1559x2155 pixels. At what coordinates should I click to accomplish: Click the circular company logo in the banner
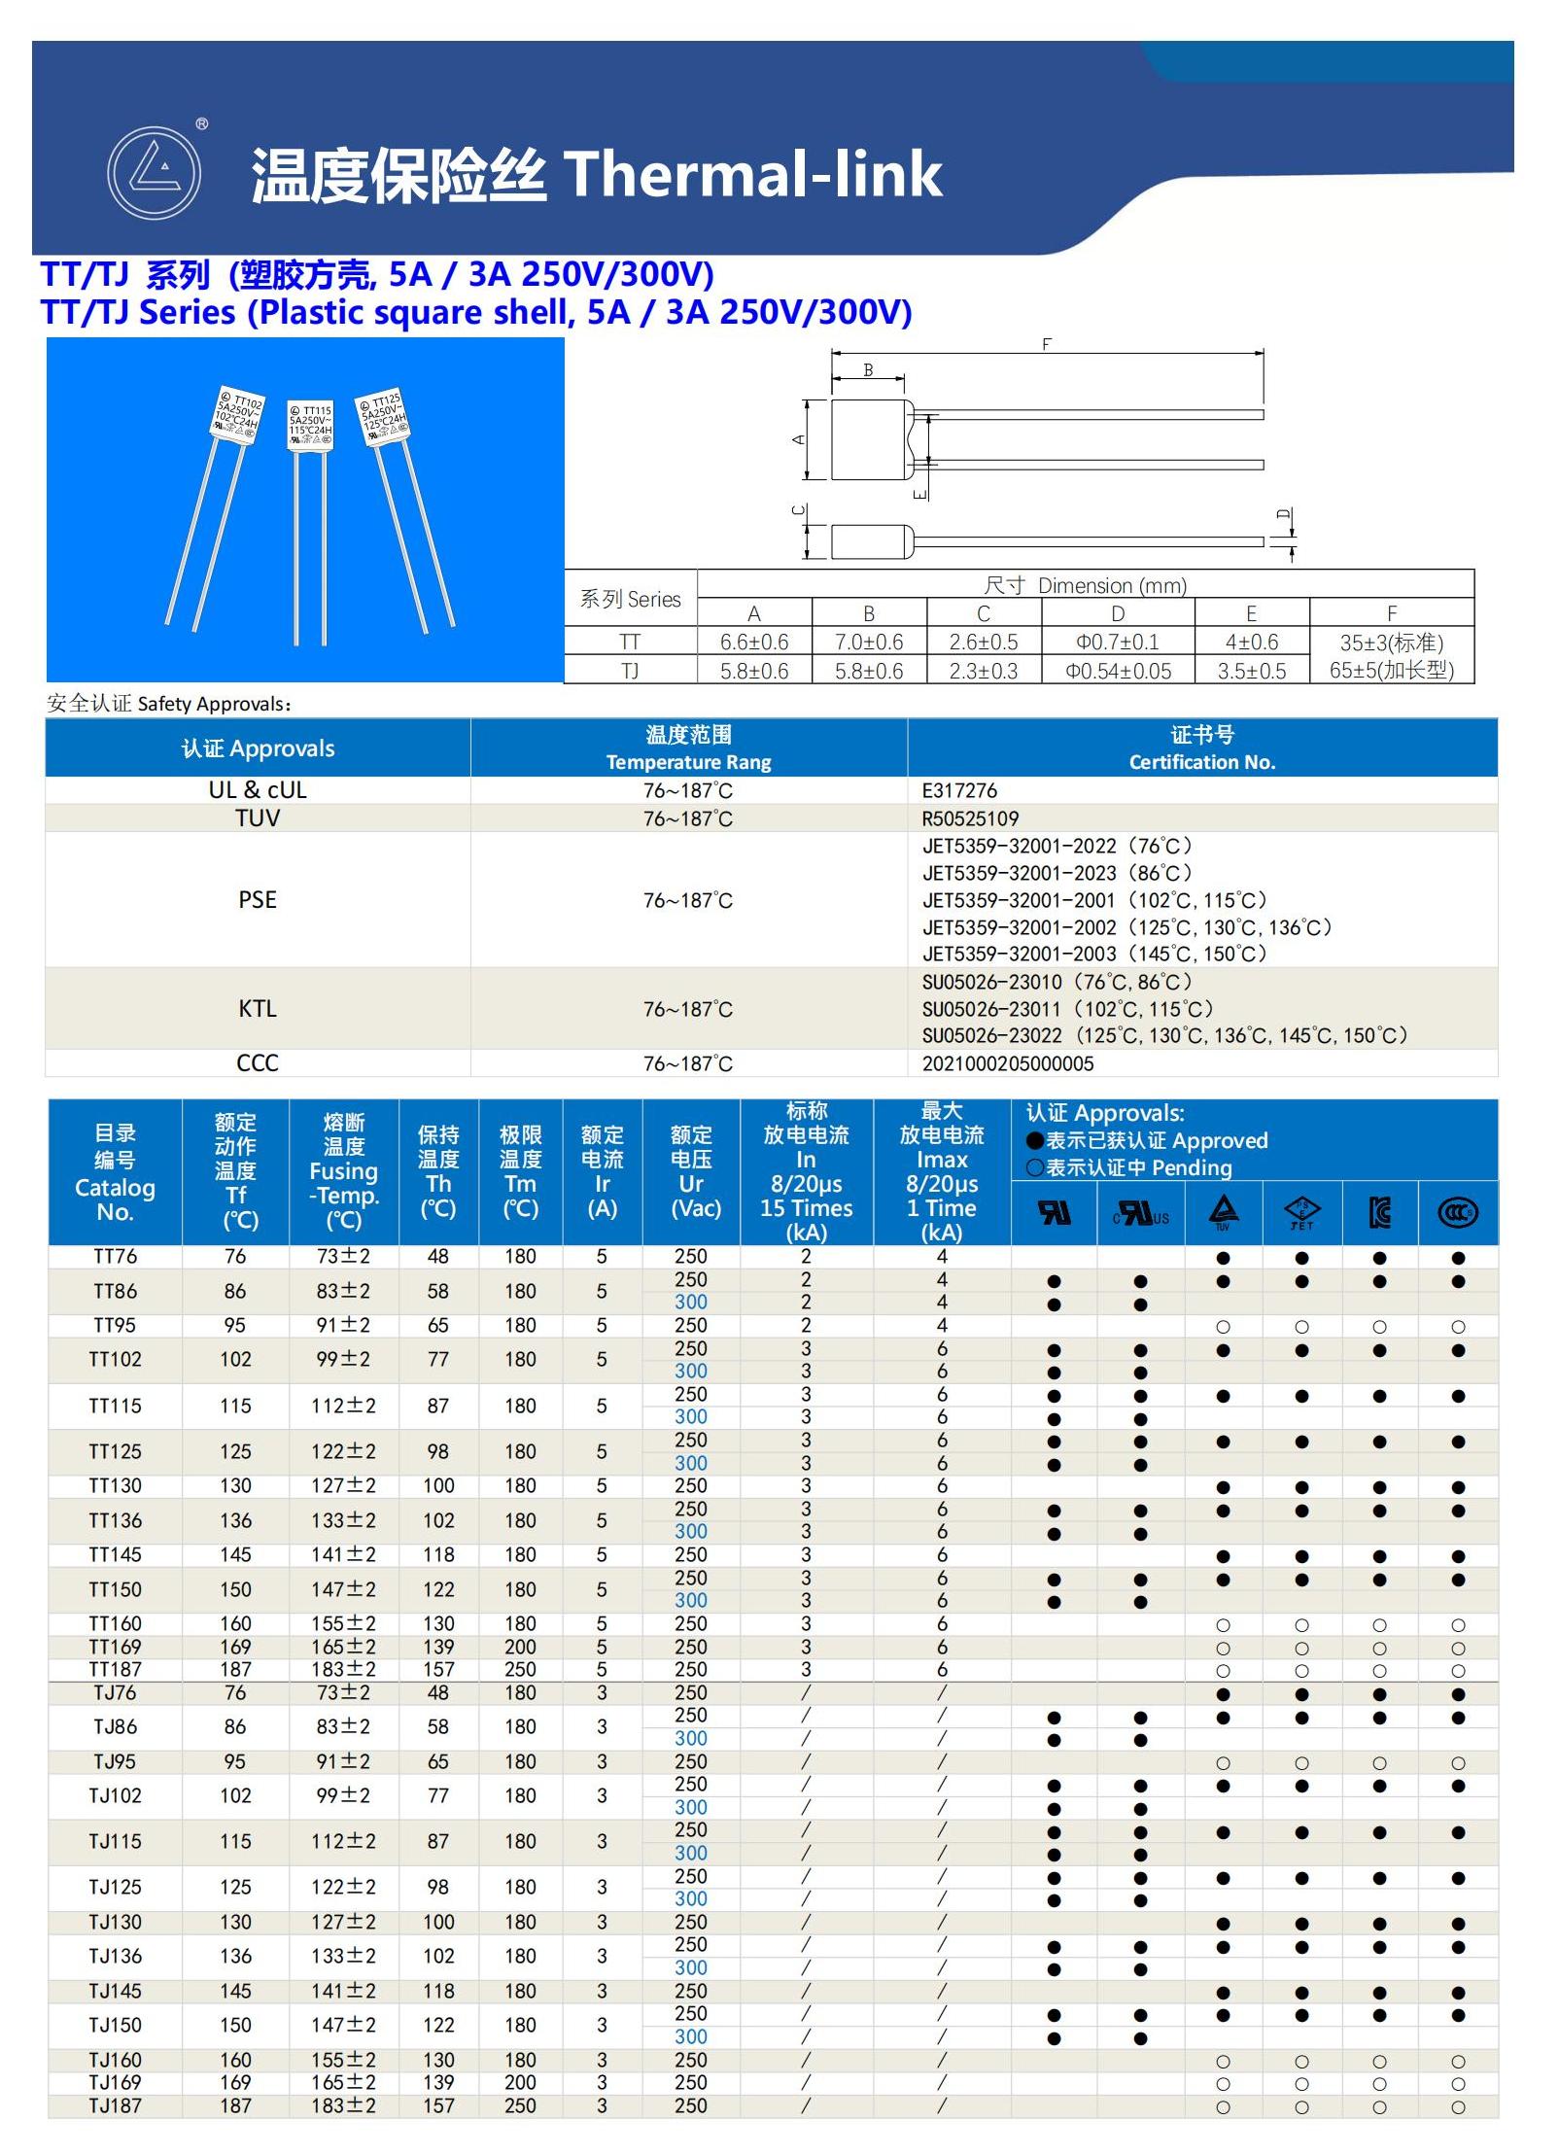click(154, 173)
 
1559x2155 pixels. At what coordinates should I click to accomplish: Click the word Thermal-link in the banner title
click(752, 175)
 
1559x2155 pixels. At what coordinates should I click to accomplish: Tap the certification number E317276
click(959, 790)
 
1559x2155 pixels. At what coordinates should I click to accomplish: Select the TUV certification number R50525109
click(970, 818)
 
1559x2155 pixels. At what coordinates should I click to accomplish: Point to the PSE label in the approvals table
click(258, 900)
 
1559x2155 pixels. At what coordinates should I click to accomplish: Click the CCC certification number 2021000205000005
click(1007, 1063)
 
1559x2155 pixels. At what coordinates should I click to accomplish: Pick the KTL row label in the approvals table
click(258, 1009)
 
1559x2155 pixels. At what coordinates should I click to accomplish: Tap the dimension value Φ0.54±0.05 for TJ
click(1118, 671)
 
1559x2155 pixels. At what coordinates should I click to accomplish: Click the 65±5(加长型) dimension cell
click(1391, 671)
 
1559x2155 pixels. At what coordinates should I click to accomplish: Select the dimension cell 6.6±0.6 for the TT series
click(754, 642)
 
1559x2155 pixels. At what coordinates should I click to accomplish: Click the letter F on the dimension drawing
click(1046, 344)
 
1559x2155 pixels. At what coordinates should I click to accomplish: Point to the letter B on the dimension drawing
click(868, 369)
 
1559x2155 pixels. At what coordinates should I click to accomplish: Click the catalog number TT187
click(115, 1669)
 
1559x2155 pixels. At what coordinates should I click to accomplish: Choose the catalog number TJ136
click(115, 1956)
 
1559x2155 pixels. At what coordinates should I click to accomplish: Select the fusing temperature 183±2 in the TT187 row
click(343, 1669)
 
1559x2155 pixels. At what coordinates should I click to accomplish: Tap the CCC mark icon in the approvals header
click(1457, 1212)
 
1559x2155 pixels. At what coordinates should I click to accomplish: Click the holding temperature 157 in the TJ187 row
click(438, 2105)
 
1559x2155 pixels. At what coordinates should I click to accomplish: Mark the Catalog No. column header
click(115, 1172)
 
